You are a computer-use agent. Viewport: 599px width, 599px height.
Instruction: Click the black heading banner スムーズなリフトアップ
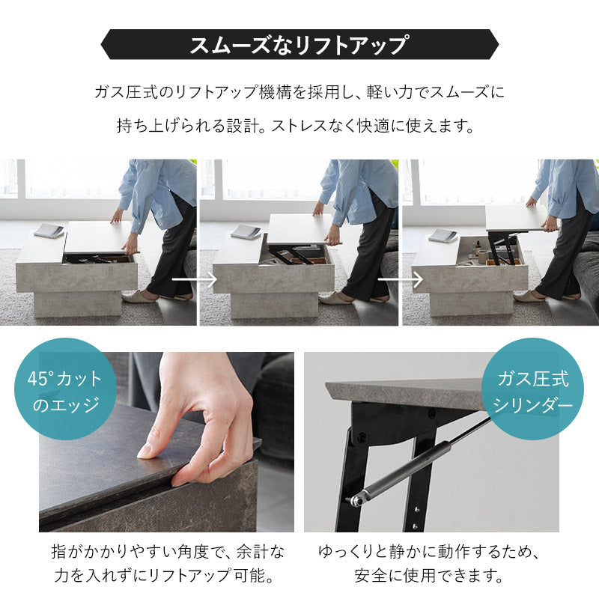299,45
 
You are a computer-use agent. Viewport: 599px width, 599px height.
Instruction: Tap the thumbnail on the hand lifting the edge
146,451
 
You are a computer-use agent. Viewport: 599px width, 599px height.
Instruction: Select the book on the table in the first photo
49,230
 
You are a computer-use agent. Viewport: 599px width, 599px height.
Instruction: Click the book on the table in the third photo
443,235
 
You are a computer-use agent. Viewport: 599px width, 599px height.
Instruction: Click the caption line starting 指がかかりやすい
168,553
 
